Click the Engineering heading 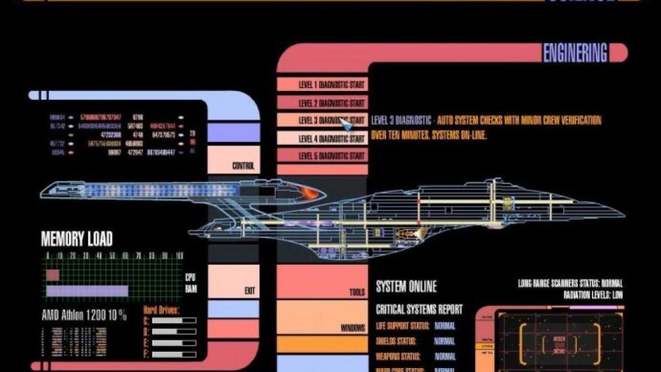pyautogui.click(x=575, y=53)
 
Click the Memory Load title pyautogui.click(x=77, y=239)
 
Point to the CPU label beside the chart pyautogui.click(x=190, y=276)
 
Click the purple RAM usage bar pyautogui.click(x=88, y=291)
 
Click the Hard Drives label pyautogui.click(x=161, y=311)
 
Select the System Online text pyautogui.click(x=406, y=287)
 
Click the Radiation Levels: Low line pyautogui.click(x=593, y=294)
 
